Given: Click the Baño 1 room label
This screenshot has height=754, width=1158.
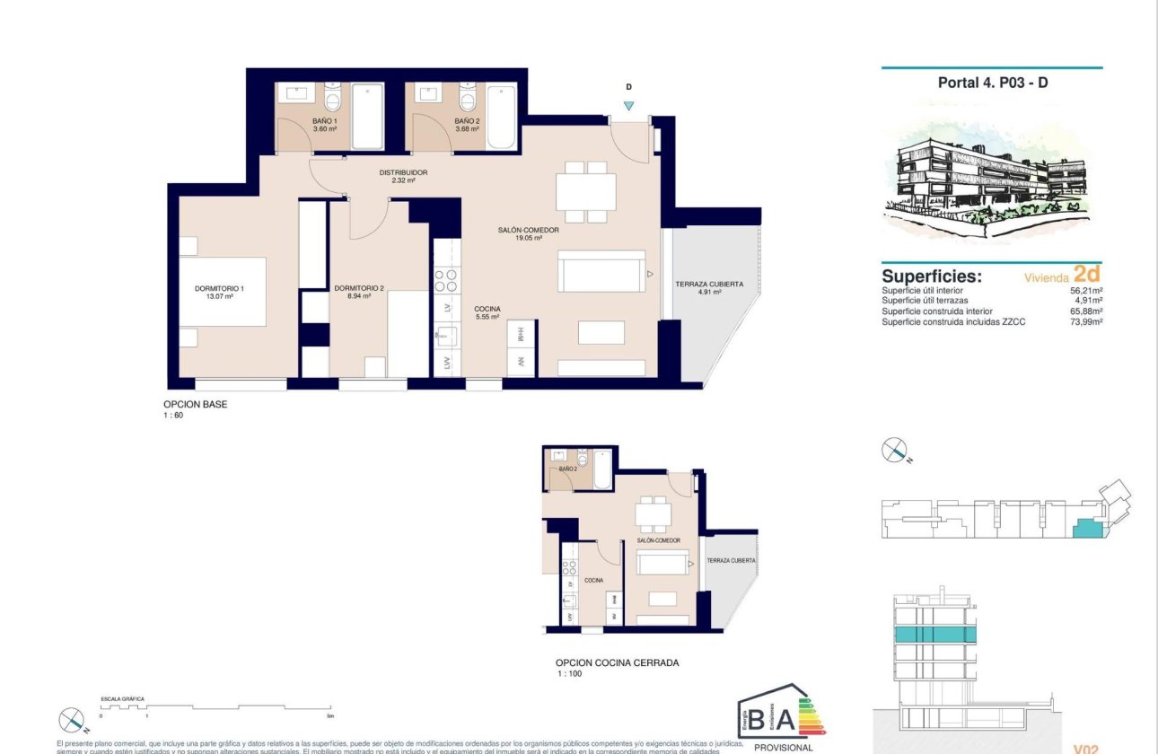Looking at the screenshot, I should [325, 125].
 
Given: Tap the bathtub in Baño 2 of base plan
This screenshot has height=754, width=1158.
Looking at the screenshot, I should [502, 117].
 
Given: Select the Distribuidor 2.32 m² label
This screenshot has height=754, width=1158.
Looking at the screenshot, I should [403, 176].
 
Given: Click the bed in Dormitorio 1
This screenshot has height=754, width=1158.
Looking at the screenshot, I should [222, 292].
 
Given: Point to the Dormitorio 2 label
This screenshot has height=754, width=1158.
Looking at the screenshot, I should [359, 292].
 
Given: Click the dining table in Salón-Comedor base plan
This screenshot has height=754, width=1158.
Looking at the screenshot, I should [586, 191].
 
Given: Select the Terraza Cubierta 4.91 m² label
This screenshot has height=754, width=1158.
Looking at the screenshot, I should [709, 288].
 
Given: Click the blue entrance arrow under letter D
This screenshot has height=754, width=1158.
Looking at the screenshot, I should [628, 105].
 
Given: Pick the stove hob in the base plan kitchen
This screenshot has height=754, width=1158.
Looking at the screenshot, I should [446, 281].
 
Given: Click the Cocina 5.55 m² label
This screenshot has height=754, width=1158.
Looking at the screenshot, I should [487, 312].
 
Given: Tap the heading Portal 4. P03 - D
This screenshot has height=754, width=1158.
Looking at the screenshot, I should [991, 82].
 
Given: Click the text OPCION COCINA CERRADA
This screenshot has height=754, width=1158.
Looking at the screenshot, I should [617, 662].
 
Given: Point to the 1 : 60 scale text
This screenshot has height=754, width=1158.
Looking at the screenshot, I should [173, 415].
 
